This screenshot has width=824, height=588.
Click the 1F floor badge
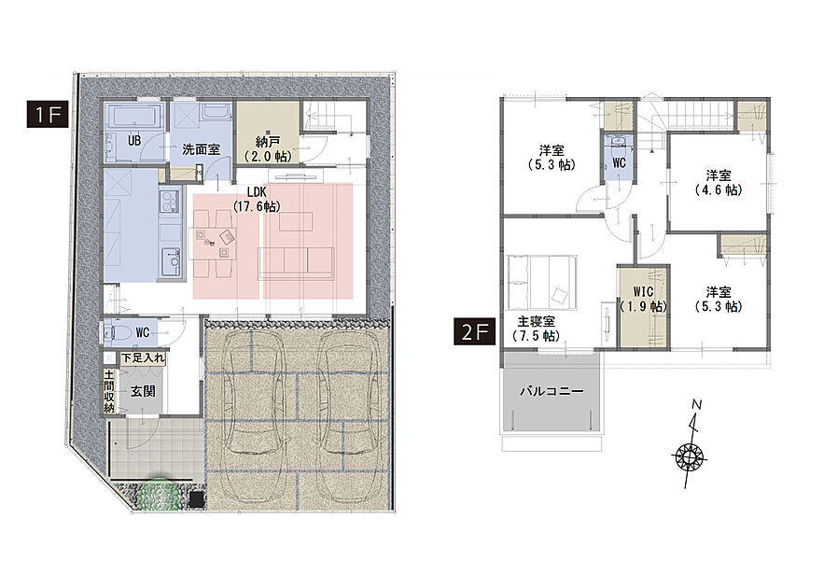click(48, 114)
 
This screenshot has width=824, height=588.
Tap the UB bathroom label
click(134, 140)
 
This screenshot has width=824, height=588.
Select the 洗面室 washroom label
click(202, 149)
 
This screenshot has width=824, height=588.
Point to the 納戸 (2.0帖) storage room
click(268, 133)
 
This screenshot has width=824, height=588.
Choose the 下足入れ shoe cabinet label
click(143, 358)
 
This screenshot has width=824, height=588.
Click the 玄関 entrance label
click(143, 391)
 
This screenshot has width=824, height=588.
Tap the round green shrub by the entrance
click(160, 493)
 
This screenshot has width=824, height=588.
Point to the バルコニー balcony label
click(552, 391)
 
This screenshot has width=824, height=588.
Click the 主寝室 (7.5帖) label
click(536, 329)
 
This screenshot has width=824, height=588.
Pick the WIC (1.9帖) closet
click(643, 306)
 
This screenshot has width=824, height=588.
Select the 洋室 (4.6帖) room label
click(719, 182)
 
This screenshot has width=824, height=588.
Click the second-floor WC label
click(619, 162)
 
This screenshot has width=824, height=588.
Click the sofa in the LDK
click(296, 263)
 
